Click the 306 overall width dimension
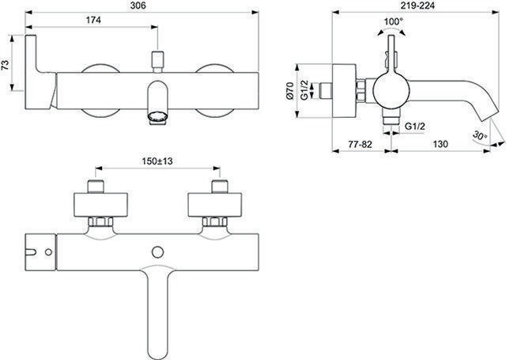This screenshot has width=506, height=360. tap(139, 6)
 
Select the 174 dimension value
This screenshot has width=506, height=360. tap(93, 20)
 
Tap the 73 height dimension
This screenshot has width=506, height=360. tap(6, 65)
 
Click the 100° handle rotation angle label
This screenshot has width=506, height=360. tap(394, 22)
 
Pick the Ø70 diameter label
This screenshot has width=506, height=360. tap(289, 91)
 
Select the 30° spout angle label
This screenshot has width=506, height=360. tap(480, 135)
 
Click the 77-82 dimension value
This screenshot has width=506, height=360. tap(360, 144)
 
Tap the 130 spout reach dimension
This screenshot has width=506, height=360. tap(440, 144)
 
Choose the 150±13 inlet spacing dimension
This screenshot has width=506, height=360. tap(157, 161)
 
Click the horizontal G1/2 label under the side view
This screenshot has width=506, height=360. tap(415, 127)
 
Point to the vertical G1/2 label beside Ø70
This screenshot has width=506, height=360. tap(304, 91)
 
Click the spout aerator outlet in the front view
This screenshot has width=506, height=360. tap(157, 118)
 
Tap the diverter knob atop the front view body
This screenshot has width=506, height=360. tap(157, 62)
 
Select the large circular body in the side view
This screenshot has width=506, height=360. tap(391, 90)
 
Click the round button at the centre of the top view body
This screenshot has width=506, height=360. tap(157, 252)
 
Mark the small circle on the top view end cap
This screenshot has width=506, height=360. tap(48, 252)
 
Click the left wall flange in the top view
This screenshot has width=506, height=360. tap(100, 205)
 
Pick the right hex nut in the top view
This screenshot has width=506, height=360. tap(214, 222)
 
